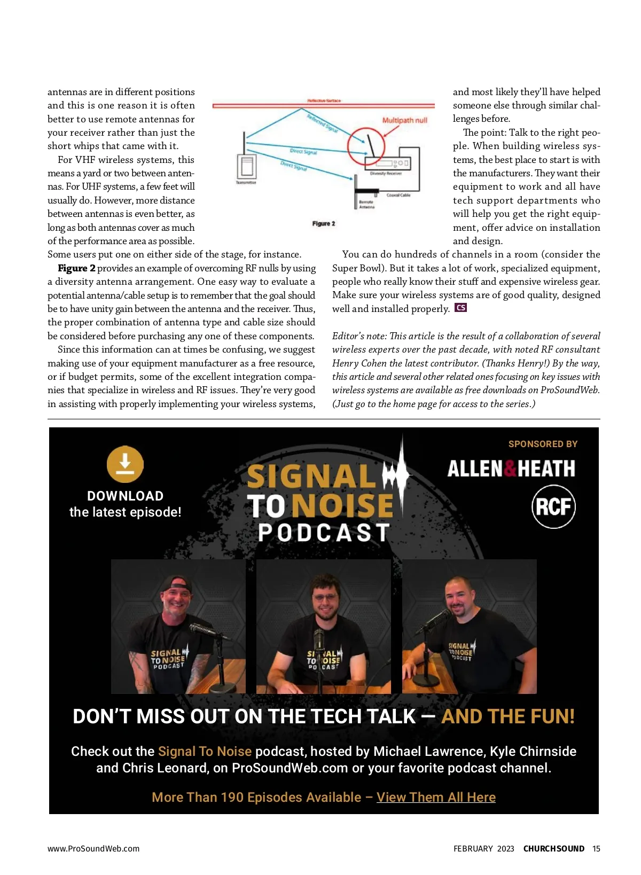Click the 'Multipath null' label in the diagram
coord(404,120)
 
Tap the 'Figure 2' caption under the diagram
coord(324,223)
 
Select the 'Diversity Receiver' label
coord(386,174)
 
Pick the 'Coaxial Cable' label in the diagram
coord(398,195)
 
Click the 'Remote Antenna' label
coord(366,205)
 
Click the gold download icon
coord(125,464)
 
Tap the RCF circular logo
coord(553,506)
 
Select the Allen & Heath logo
coord(511,469)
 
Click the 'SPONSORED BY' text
coord(543,444)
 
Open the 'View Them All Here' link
coord(436,797)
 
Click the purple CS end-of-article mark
coord(460,308)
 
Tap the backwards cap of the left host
coord(177,584)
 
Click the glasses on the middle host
coord(324,597)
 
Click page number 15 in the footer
coord(596,848)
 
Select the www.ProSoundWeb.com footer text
coord(93,848)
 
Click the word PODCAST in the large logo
coord(324,532)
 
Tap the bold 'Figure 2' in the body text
coord(76,268)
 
